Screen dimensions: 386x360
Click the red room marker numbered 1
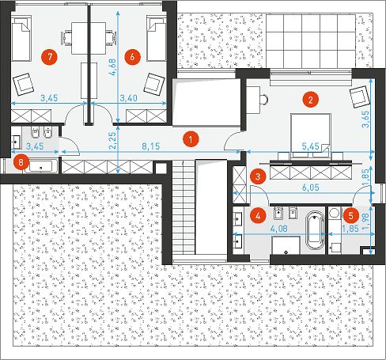tap(191, 138)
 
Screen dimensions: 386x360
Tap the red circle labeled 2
tap(311, 100)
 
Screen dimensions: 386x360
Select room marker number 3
tap(258, 176)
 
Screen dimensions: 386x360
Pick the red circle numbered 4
tap(258, 216)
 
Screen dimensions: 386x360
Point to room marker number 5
tap(350, 216)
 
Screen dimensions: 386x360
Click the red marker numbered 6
tap(132, 57)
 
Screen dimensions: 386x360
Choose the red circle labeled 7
tap(50, 57)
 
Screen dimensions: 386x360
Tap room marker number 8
tap(21, 162)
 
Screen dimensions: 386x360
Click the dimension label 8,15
tap(151, 146)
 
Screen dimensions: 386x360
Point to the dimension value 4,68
tap(112, 67)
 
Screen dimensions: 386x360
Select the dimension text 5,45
tap(311, 146)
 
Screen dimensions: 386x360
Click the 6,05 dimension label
tap(311, 188)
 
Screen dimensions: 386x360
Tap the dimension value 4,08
tap(279, 229)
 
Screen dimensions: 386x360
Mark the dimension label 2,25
tap(112, 141)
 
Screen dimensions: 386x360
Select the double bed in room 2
tap(311, 136)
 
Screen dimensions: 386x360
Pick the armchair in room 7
tap(23, 85)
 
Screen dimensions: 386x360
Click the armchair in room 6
tap(154, 84)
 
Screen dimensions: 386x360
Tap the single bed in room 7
tap(21, 38)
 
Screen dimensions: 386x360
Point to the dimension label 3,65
tap(366, 119)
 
